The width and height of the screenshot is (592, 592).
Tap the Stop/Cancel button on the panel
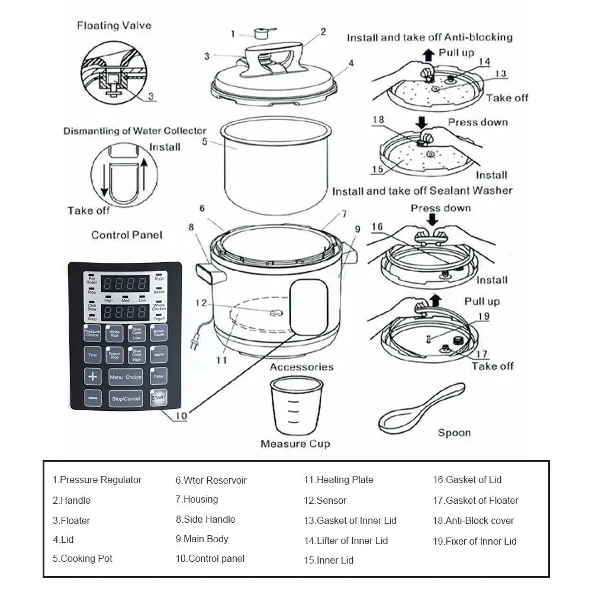tap(126, 398)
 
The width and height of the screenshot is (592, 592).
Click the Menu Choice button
tap(126, 377)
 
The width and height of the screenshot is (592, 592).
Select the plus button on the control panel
tap(93, 377)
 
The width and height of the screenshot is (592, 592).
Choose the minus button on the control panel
tap(93, 398)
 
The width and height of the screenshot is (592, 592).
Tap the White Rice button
tap(114, 334)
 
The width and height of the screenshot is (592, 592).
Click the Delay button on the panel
tap(158, 376)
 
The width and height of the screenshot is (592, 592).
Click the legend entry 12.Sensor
tap(325, 500)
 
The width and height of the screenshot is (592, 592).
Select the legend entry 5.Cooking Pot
tap(82, 558)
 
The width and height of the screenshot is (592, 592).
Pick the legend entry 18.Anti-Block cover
tap(473, 520)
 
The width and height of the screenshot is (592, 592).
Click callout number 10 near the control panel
tap(181, 416)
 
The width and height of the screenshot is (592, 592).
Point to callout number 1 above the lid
tap(233, 33)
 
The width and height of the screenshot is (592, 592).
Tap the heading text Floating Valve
tap(114, 25)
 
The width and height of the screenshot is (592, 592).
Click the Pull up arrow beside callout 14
tap(428, 55)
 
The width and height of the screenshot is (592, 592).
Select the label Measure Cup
tap(295, 443)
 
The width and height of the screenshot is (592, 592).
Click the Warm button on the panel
tap(158, 355)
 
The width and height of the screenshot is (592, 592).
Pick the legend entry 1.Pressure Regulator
tap(97, 480)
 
